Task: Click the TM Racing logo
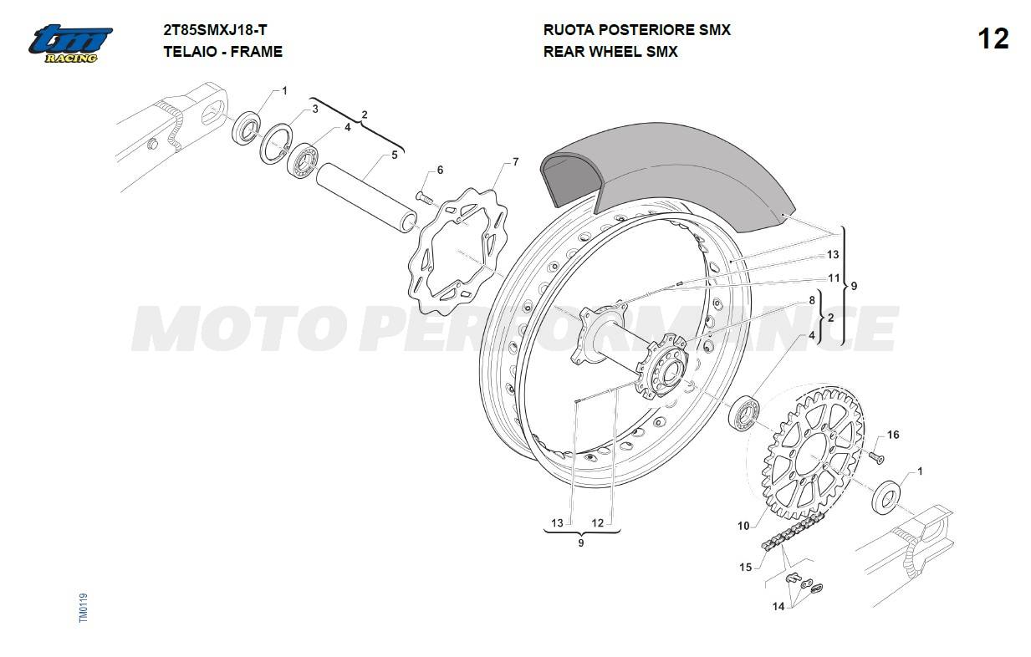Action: (70, 43)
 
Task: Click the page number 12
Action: (993, 38)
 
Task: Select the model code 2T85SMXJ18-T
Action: (215, 30)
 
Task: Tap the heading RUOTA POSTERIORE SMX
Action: (636, 30)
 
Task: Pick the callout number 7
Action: (515, 162)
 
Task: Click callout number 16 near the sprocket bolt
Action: (893, 435)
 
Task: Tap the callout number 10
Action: (743, 526)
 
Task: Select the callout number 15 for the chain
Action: (746, 568)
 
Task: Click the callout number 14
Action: (778, 606)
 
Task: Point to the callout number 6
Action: (440, 171)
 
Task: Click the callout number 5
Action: (395, 155)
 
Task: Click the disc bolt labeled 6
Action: (425, 197)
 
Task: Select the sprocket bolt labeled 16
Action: (876, 457)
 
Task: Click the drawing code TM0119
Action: (83, 609)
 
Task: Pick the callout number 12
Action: (597, 523)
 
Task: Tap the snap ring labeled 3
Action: (276, 144)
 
